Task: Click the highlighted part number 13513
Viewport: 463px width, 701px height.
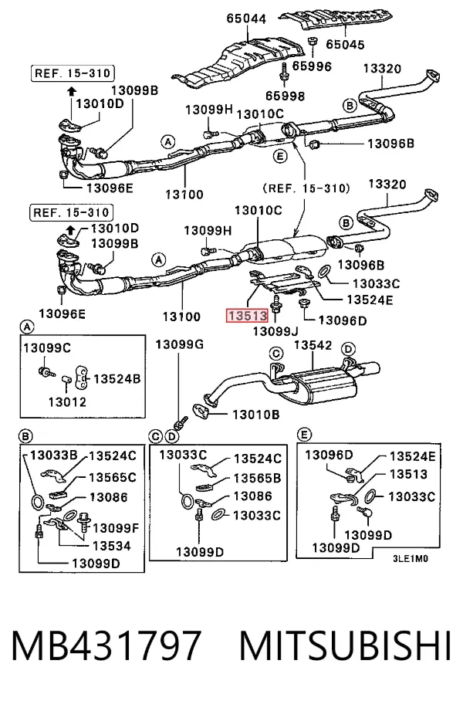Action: click(248, 316)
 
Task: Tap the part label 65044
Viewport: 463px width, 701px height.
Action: click(246, 19)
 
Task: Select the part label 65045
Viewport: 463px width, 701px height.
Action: click(345, 44)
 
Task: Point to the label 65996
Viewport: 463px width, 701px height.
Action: click(312, 66)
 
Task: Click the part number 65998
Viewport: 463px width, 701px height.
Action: click(285, 96)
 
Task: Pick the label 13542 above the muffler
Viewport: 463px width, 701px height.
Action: click(313, 345)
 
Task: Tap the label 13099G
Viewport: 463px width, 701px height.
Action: click(180, 344)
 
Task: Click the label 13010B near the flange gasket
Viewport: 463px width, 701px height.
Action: click(256, 415)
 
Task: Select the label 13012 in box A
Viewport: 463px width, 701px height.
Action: click(67, 402)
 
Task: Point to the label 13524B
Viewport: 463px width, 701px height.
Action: click(117, 379)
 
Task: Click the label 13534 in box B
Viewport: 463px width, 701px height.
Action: click(112, 546)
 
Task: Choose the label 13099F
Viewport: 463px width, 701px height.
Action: click(117, 528)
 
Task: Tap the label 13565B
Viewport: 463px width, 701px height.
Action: click(258, 479)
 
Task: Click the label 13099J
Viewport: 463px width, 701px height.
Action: click(275, 331)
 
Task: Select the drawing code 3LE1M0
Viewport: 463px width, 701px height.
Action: click(411, 559)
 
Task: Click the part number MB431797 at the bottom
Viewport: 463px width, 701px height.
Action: click(106, 645)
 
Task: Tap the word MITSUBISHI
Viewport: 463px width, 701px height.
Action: click(345, 645)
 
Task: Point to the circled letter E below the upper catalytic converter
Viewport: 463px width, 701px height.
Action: click(280, 156)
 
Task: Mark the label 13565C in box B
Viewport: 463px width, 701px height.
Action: click(113, 477)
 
